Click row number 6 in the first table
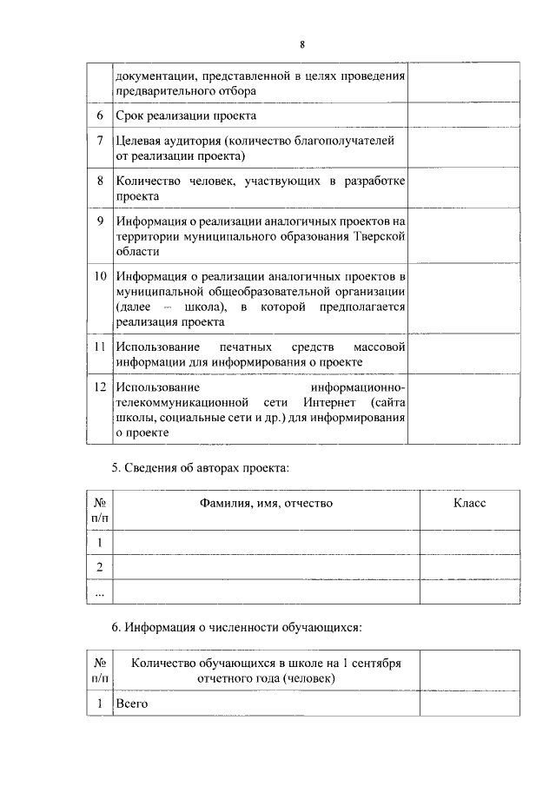tap(100, 116)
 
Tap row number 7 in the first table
tap(100, 140)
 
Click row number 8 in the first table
tap(100, 181)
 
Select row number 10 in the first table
tap(100, 276)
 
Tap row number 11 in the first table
tap(100, 346)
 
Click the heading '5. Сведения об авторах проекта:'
tap(200, 468)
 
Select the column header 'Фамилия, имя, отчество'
tap(266, 502)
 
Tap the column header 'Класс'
tap(469, 502)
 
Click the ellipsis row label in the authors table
tap(100, 592)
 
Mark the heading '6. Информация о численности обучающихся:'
tap(235, 626)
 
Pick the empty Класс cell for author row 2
tap(470, 567)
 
